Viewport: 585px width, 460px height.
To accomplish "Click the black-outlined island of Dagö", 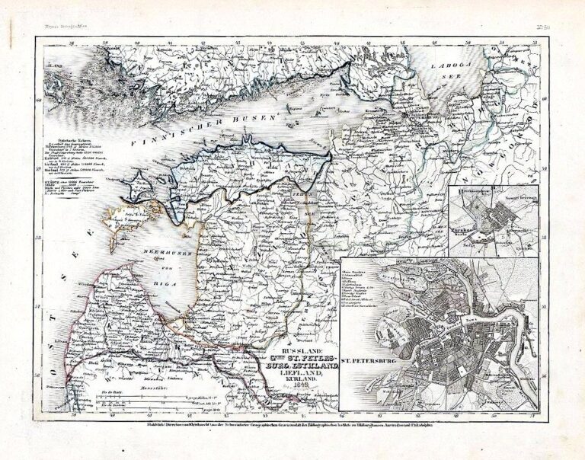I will click(x=141, y=184).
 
